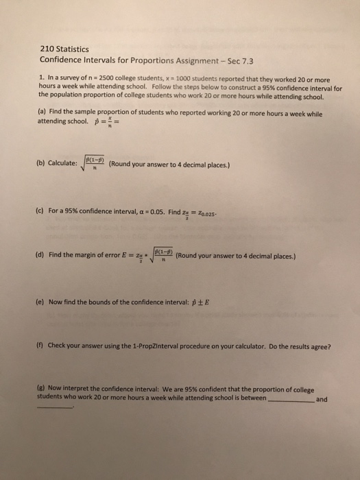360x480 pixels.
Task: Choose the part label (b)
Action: (40, 165)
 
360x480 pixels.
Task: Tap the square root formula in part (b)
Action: (93, 165)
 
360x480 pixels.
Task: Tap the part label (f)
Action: (40, 346)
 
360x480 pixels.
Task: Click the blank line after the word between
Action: (290, 399)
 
